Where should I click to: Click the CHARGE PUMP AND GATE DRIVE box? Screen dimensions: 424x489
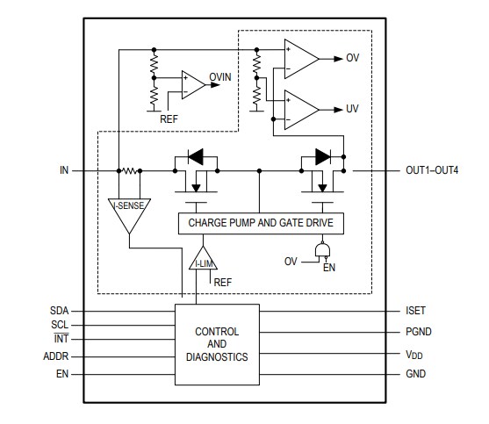261,224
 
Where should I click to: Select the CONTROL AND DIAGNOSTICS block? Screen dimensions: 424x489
217,344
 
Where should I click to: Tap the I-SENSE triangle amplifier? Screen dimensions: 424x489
129,211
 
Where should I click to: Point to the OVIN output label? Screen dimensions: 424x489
220,78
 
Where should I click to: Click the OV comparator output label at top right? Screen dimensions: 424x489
354,59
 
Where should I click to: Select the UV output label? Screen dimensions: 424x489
354,110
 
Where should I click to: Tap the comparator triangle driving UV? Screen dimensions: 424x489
301,110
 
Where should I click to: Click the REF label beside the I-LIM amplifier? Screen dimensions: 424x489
223,282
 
